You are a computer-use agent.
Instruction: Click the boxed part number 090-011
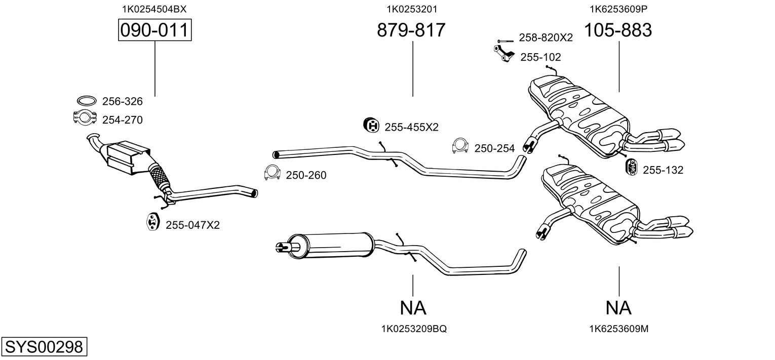(x=154, y=30)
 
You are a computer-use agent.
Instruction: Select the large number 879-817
(x=411, y=30)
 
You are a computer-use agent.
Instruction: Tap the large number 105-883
(x=618, y=30)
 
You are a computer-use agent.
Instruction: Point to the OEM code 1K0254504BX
(x=154, y=9)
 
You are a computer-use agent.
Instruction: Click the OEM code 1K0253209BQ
(x=414, y=329)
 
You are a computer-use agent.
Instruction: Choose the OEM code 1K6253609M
(x=618, y=329)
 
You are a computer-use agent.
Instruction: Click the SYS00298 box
(x=44, y=346)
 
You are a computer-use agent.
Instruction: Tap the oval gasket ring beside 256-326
(x=87, y=101)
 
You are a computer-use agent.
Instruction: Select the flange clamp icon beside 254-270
(x=84, y=117)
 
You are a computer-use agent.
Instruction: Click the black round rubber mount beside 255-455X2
(x=372, y=125)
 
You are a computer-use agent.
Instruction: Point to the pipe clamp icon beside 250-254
(x=460, y=146)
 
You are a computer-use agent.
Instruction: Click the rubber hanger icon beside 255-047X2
(x=152, y=222)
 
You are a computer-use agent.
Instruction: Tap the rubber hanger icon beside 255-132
(x=632, y=168)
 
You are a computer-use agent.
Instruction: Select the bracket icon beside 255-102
(x=504, y=54)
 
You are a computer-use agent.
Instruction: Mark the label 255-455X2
(x=411, y=127)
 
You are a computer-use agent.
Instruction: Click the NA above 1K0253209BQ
(x=413, y=308)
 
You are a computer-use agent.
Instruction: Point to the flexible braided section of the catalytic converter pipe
(x=160, y=177)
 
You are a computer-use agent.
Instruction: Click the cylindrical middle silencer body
(x=330, y=246)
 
